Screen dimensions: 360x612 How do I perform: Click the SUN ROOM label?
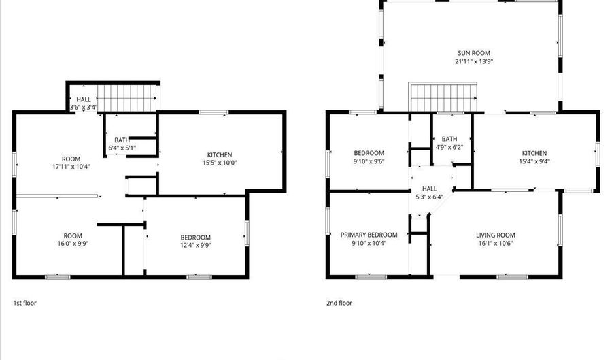pos(473,53)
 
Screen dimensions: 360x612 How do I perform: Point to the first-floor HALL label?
pos(84,99)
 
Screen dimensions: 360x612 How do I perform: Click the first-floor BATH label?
pos(122,140)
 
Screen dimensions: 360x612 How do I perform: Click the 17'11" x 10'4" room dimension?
pos(71,166)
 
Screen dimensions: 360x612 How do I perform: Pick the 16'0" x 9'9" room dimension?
pos(73,244)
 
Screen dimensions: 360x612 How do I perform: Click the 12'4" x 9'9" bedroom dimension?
pos(195,245)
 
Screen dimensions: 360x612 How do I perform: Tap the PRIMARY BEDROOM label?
pos(369,235)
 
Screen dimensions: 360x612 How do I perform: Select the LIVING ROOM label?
pos(495,235)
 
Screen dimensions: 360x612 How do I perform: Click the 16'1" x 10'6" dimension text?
pos(495,244)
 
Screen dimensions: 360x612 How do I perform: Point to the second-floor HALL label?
pos(429,189)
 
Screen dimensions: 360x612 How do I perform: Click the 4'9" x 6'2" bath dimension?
pos(449,147)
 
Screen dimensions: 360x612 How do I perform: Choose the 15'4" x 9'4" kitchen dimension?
pos(534,162)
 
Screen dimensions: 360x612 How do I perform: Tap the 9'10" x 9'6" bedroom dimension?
pos(369,162)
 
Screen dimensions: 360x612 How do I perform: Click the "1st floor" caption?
pos(24,303)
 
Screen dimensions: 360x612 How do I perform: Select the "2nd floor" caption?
pos(339,303)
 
